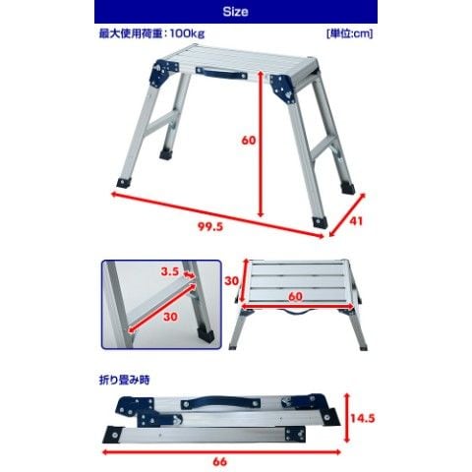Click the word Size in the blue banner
(235, 12)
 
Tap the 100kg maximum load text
(187, 33)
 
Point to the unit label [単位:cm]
(349, 33)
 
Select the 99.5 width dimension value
(210, 226)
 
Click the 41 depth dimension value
(356, 221)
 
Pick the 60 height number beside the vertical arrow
(249, 141)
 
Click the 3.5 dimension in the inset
(170, 271)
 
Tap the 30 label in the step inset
(170, 317)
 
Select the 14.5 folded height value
(363, 418)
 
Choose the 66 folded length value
(219, 462)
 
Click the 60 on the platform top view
(295, 297)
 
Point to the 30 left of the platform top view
(231, 281)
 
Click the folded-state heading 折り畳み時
(124, 380)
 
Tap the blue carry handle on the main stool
(221, 74)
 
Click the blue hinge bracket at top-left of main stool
(163, 73)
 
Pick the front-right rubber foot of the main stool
(320, 222)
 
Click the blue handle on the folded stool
(221, 402)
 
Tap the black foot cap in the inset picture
(206, 334)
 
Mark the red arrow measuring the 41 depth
(347, 214)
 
